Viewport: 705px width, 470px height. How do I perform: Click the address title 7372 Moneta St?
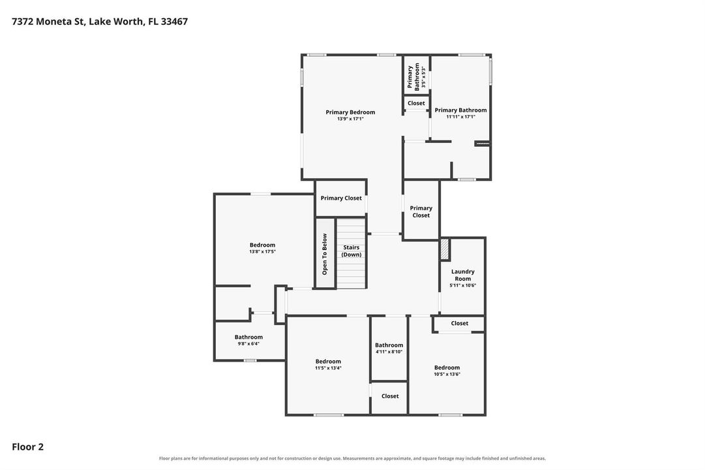(99, 21)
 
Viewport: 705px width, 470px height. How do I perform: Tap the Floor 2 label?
(27, 446)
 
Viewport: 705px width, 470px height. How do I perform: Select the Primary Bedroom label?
(350, 112)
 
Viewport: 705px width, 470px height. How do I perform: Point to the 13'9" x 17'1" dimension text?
(350, 119)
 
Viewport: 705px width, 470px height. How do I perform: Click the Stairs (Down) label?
(351, 251)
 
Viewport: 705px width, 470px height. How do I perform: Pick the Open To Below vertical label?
(325, 254)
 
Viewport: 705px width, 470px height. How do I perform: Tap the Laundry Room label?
(462, 275)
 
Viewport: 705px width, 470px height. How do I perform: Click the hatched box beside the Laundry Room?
(444, 249)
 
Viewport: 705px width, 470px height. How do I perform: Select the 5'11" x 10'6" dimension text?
(462, 285)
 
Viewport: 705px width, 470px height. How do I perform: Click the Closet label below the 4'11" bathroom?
(390, 396)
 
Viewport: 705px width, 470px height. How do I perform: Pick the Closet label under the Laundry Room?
(460, 323)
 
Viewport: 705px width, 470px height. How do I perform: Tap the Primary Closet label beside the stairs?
(341, 198)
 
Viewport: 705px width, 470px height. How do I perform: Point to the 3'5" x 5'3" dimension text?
(423, 77)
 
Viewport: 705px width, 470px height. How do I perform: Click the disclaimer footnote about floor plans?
(352, 458)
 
